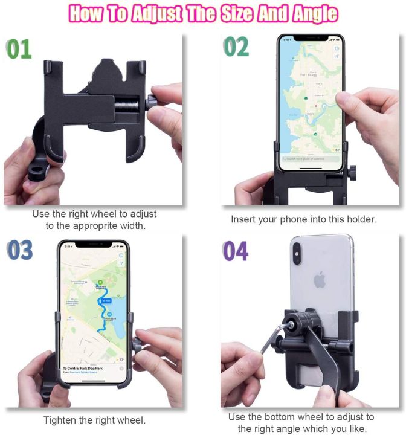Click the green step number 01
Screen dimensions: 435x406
point(18,48)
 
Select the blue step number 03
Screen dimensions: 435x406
point(20,250)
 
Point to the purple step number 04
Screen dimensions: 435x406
point(235,250)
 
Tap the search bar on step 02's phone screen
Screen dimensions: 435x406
point(309,159)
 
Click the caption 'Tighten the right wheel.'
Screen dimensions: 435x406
point(94,420)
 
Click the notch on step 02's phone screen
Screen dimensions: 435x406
point(310,38)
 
